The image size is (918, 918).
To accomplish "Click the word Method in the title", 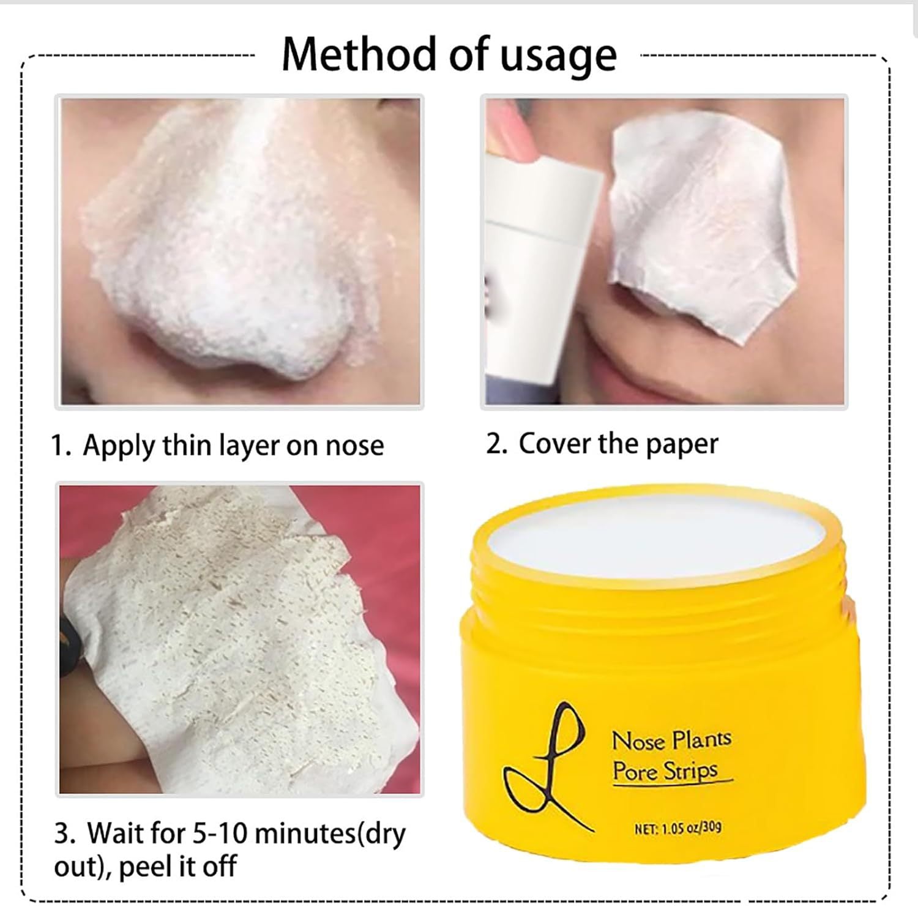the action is pyautogui.click(x=361, y=54).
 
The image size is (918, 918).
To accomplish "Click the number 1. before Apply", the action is pyautogui.click(x=62, y=446).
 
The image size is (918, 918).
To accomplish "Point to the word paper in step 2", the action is pyautogui.click(x=681, y=445).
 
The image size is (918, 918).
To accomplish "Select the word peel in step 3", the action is pyautogui.click(x=145, y=867).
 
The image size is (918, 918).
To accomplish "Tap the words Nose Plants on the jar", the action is pyautogui.click(x=672, y=741).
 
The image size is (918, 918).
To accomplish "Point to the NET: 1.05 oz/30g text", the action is pyautogui.click(x=678, y=829).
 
